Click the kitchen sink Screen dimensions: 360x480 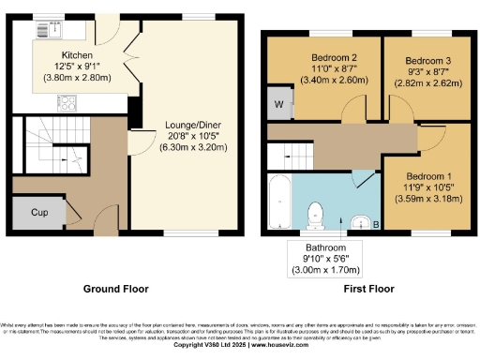coord(45,31)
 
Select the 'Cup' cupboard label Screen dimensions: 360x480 coord(39,213)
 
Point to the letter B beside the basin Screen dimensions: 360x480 coord(376,225)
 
